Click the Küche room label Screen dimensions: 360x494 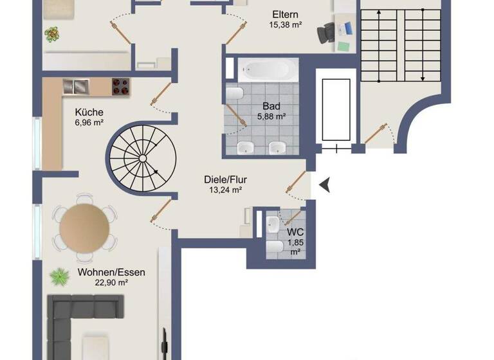pos(89,111)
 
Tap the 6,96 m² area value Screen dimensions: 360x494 pos(89,122)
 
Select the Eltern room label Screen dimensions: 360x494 pos(286,15)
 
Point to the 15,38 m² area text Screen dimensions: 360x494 pos(286,25)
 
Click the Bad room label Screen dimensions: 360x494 pos(270,106)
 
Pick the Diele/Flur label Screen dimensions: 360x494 pos(225,180)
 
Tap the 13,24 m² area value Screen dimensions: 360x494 pos(225,190)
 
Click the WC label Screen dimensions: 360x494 pos(295,231)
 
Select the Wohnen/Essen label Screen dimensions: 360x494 pos(111,272)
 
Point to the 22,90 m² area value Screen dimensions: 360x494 pos(111,282)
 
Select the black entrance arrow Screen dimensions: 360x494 pos(327,185)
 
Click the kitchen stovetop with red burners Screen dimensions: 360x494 pos(120,86)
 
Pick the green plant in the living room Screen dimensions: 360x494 pos(60,277)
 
